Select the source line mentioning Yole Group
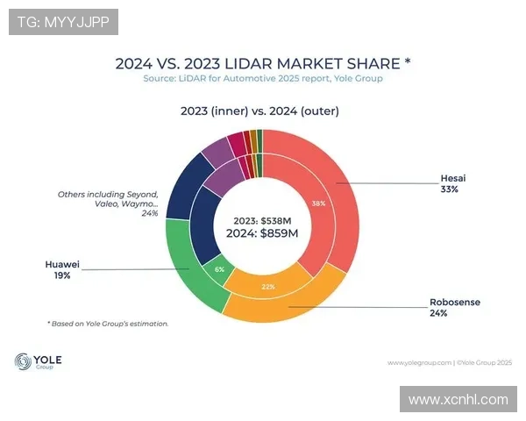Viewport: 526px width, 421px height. tap(263, 79)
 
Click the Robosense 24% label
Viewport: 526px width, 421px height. tap(455, 307)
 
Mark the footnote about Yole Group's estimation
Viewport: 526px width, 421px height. tap(107, 324)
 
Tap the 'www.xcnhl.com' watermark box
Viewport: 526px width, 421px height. tap(458, 399)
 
